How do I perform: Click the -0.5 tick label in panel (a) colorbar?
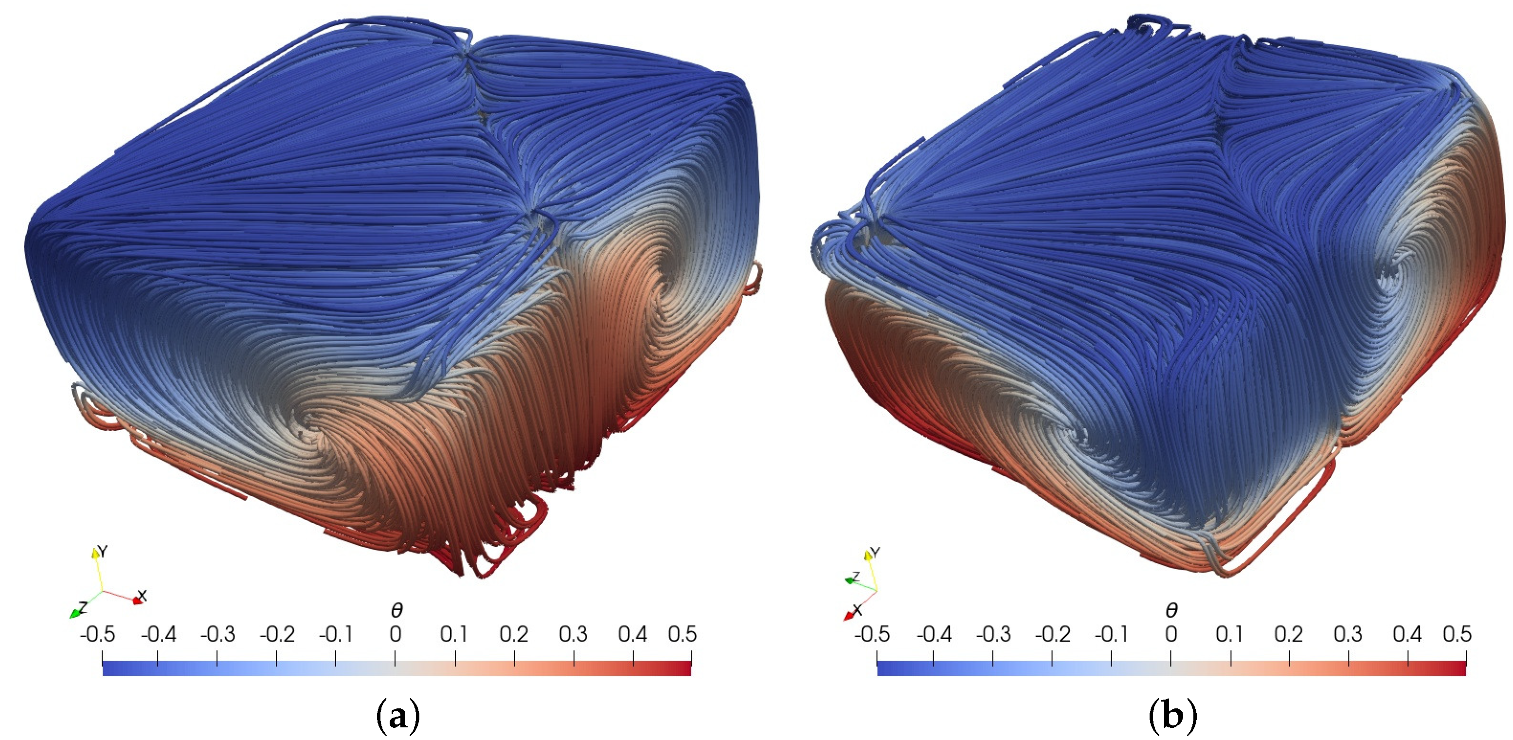(97, 634)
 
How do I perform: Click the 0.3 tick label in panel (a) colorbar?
(573, 634)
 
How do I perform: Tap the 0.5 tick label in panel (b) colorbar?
(1457, 634)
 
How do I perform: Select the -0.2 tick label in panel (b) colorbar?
(1052, 634)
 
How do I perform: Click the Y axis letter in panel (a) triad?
(103, 551)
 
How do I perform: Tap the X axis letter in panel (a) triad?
(142, 596)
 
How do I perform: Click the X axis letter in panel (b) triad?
(858, 610)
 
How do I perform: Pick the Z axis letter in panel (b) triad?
(856, 577)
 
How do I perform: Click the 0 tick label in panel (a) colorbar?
(396, 634)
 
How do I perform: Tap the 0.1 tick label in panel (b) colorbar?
(1230, 634)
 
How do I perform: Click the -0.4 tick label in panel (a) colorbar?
(158, 634)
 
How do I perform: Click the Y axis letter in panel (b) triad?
(875, 553)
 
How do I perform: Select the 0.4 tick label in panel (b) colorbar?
(1407, 634)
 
